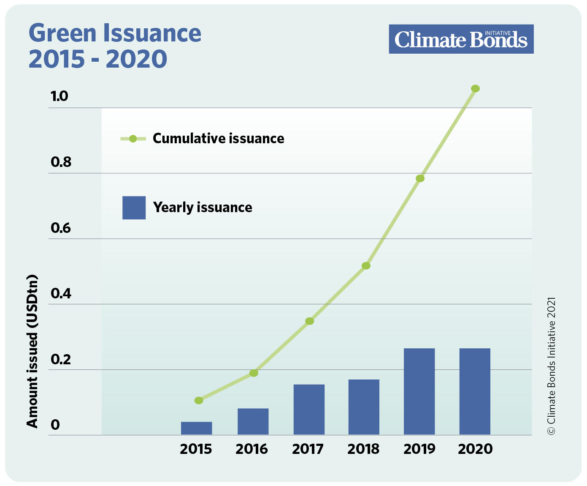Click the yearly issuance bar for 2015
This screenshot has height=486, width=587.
click(197, 428)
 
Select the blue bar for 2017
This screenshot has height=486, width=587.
click(309, 409)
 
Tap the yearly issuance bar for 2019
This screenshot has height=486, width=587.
click(419, 391)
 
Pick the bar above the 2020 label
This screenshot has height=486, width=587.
click(475, 391)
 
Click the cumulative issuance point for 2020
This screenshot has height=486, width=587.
click(475, 88)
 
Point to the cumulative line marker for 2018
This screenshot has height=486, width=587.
click(366, 266)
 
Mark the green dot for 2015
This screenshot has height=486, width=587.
click(199, 400)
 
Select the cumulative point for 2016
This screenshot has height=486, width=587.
click(254, 373)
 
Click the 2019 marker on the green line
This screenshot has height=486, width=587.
click(420, 178)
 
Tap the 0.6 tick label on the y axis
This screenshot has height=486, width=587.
click(61, 228)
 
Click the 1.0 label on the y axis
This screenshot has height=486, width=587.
click(60, 96)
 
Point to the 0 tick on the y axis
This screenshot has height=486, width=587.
click(55, 425)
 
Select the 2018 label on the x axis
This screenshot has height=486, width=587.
click(363, 449)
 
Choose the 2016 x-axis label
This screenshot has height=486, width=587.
click(252, 449)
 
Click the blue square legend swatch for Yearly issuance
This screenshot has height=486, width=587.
click(134, 208)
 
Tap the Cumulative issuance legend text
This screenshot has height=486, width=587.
click(218, 139)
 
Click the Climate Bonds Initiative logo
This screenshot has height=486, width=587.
click(461, 39)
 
